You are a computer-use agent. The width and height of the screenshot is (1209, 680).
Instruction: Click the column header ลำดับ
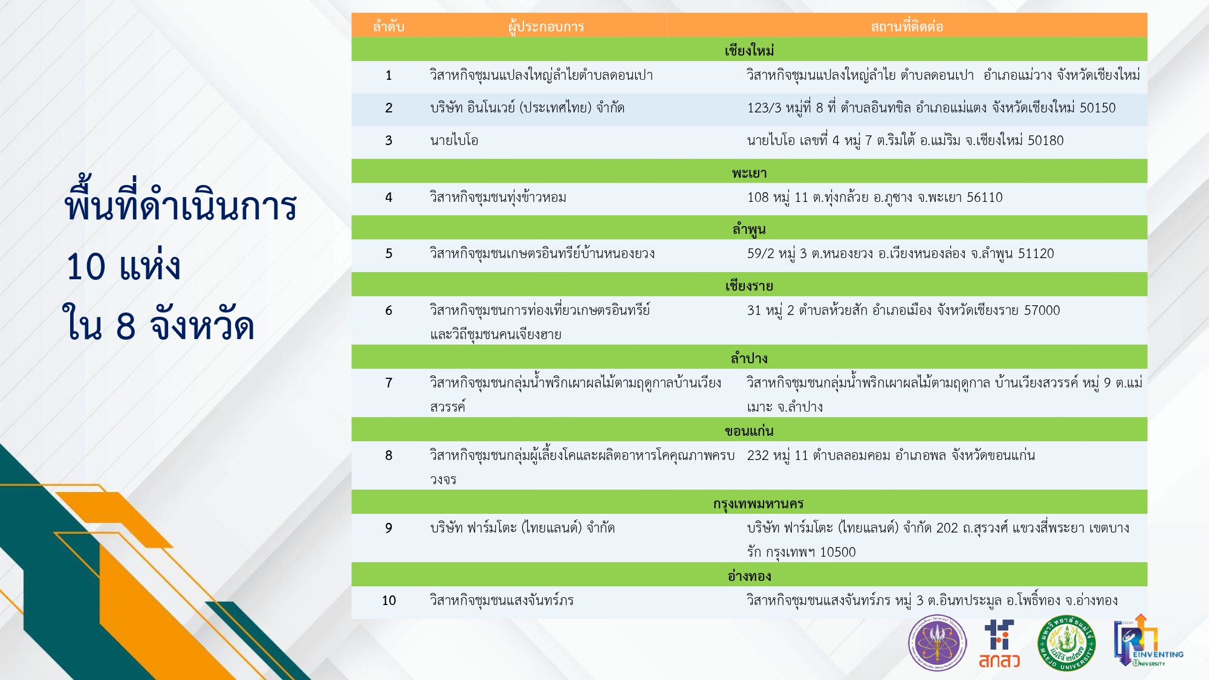[388, 27]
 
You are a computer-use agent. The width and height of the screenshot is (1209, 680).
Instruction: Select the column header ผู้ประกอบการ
[546, 27]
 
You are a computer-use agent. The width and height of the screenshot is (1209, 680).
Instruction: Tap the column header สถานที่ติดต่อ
[907, 27]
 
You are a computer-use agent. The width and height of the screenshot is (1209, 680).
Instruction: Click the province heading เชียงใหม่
[750, 50]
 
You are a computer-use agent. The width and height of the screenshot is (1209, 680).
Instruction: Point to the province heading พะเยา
[750, 173]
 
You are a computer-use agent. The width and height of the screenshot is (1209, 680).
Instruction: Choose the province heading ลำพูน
[750, 230]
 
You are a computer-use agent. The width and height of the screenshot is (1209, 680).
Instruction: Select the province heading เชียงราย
[750, 286]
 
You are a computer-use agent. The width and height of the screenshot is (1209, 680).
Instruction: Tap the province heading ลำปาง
[750, 358]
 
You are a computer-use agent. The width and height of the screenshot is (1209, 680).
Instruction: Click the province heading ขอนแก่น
[750, 431]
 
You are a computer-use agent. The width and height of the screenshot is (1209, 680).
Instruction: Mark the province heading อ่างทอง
[750, 576]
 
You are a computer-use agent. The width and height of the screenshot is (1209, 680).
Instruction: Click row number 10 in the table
[389, 600]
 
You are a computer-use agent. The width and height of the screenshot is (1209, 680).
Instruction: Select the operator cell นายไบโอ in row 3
[454, 140]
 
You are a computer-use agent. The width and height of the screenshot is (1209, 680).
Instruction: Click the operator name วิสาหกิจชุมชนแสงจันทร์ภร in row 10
[501, 600]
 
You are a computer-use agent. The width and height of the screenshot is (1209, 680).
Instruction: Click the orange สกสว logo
[999, 644]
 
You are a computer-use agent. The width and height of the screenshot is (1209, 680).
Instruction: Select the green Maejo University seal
[1066, 643]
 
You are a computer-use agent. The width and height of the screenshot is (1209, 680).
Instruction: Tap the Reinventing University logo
[1148, 641]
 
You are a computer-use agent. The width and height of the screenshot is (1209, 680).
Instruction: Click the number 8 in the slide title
[125, 326]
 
